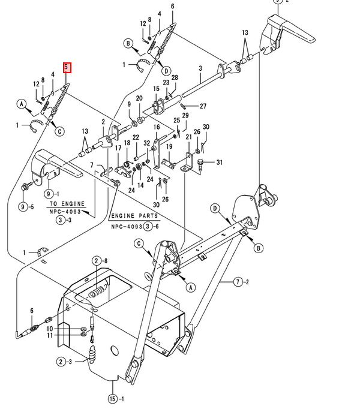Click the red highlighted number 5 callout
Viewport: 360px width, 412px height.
tap(67, 68)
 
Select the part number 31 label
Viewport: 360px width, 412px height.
tap(220, 163)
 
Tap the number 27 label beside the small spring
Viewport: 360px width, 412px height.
tap(203, 106)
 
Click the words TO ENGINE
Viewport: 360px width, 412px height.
tap(67, 204)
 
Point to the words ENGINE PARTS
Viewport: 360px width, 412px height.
tap(134, 216)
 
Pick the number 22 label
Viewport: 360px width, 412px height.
tap(136, 137)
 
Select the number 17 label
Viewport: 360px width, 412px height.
tap(118, 148)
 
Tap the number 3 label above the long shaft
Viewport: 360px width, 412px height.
tap(200, 68)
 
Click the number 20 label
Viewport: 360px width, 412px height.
tap(139, 98)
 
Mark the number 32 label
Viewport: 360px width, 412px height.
tap(147, 143)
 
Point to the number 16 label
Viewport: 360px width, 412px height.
tap(157, 127)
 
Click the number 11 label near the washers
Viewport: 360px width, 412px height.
tap(50, 335)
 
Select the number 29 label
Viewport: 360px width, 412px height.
tap(185, 115)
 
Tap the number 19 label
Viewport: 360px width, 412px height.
tap(169, 146)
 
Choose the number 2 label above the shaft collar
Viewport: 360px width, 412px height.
tap(103, 122)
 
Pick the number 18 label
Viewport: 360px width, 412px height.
tap(127, 143)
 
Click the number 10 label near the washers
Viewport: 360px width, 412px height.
tap(50, 329)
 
